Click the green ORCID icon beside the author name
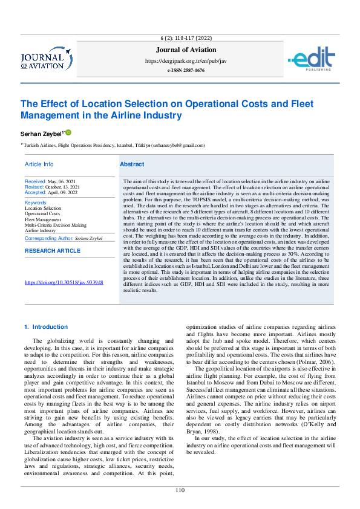coord(68,132)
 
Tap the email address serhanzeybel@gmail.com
coord(178,146)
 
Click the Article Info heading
coord(39,164)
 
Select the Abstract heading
coord(132,164)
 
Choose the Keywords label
coord(36,203)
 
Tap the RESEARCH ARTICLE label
coord(52,250)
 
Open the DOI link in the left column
coord(64,282)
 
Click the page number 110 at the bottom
coord(180,490)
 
